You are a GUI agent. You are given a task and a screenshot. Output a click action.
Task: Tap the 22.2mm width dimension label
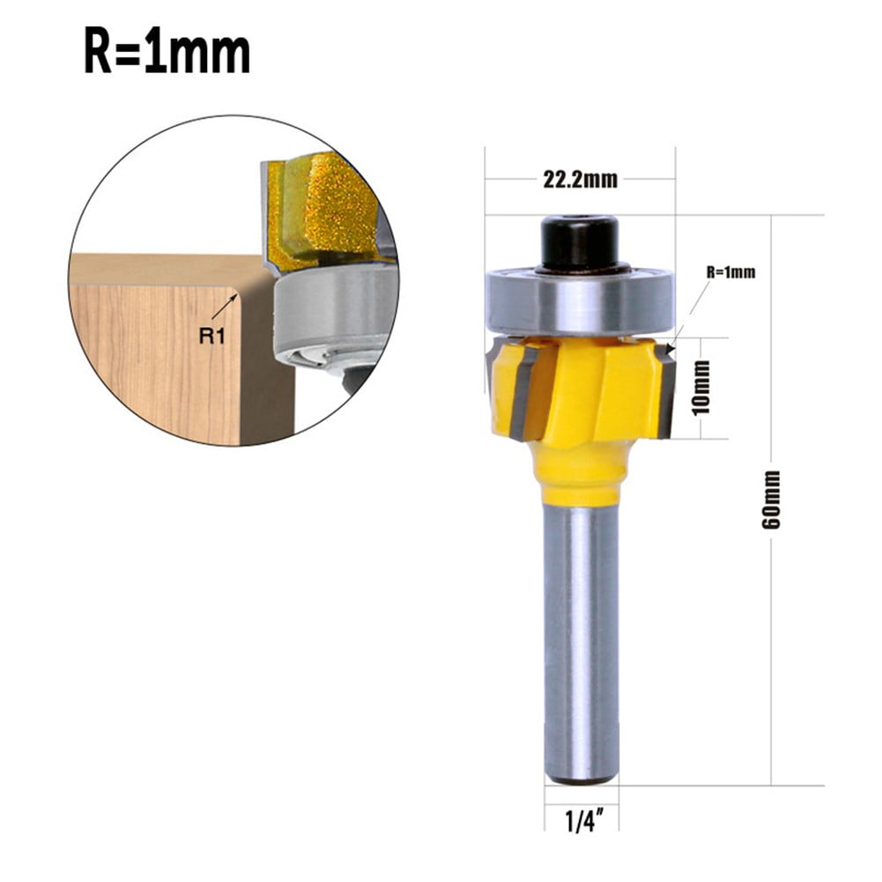pos(579,180)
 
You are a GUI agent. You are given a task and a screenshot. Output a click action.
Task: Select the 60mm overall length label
pos(772,499)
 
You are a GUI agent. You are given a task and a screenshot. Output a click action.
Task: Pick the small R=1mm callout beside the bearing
pos(730,272)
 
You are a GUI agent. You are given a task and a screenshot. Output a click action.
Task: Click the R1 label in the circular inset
pos(210,336)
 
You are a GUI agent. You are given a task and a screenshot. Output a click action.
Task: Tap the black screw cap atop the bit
pos(580,241)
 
